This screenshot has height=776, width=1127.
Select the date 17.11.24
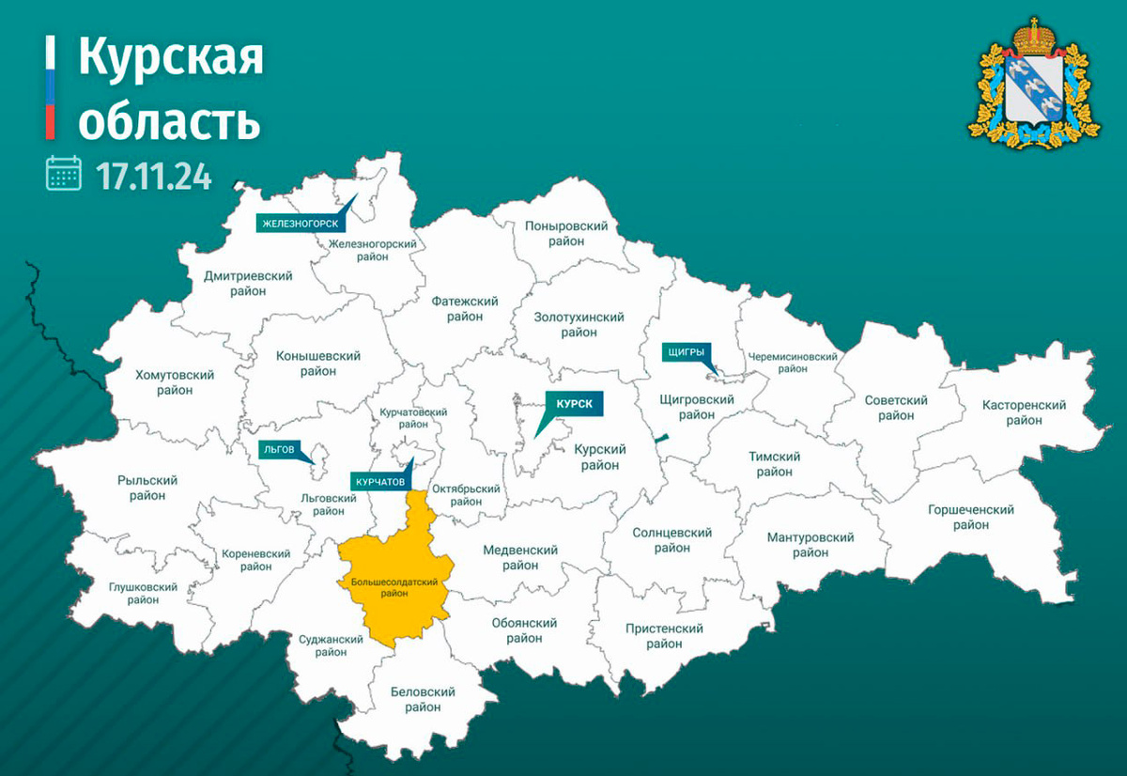(153, 175)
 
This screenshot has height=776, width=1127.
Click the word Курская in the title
(170, 59)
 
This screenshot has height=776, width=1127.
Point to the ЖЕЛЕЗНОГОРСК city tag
(300, 223)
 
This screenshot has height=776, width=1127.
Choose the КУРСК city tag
(573, 403)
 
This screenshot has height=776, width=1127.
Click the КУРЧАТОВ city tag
(380, 481)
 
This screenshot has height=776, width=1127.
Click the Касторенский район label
(1024, 412)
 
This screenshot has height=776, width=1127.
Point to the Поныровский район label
(566, 234)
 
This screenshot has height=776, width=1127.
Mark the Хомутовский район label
(175, 382)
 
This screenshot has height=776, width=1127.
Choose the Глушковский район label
(143, 594)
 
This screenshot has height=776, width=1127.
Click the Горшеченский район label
(970, 517)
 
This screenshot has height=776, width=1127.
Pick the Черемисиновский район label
(792, 363)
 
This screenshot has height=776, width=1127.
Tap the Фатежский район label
(465, 309)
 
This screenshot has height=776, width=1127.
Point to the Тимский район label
(774, 464)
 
